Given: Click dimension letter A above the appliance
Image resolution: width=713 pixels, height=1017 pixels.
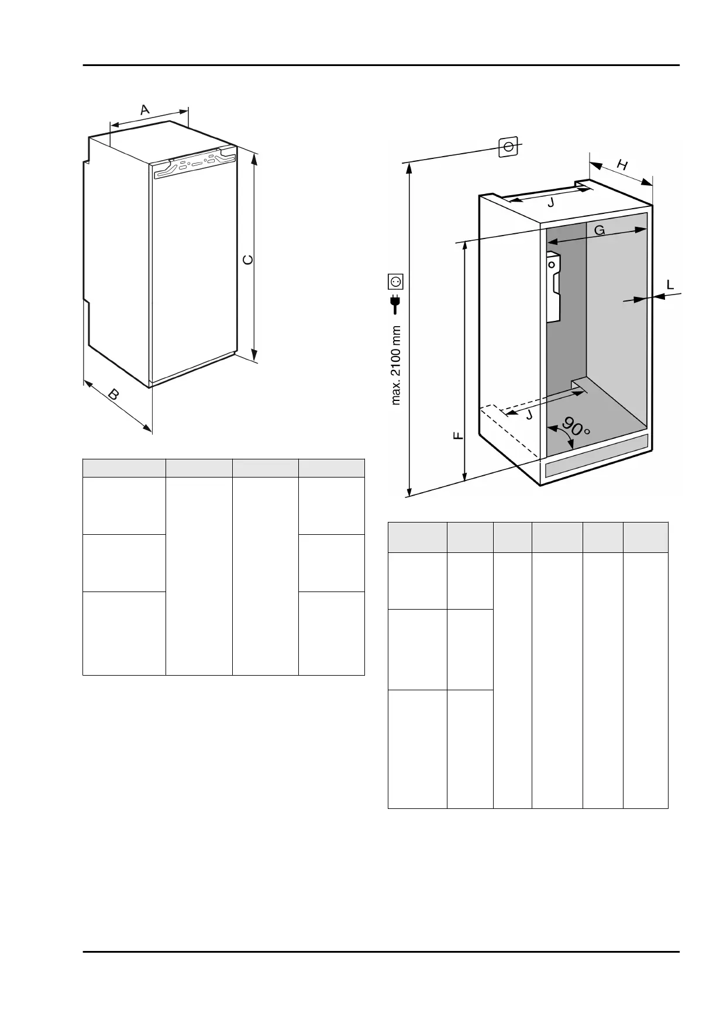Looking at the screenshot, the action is click(x=145, y=109).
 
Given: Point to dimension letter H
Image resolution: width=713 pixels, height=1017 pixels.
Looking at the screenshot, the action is click(x=622, y=165).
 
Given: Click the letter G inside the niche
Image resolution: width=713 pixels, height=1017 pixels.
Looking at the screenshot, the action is click(x=600, y=230).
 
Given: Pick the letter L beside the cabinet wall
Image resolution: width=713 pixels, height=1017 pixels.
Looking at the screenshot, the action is click(x=670, y=285).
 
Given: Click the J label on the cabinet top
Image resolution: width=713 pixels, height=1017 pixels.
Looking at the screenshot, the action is click(x=550, y=203).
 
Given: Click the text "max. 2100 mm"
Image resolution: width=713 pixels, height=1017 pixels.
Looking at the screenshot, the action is click(x=396, y=365).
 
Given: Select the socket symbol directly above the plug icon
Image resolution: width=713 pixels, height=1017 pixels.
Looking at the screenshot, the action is click(x=396, y=282).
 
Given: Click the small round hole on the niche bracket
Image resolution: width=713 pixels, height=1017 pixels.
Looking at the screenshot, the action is click(x=552, y=264).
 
